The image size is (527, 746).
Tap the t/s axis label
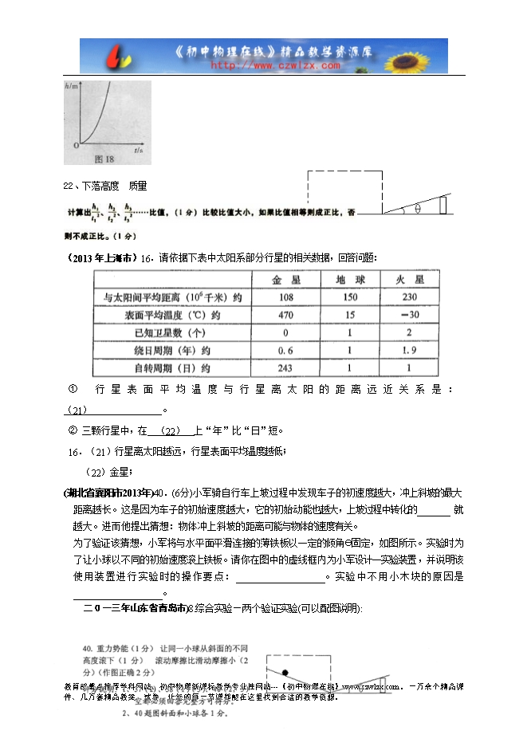point(138,149)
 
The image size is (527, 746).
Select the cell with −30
point(408,315)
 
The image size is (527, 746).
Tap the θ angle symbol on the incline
point(416,210)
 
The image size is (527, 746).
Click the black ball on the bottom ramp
point(284,670)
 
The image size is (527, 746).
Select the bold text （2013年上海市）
point(98,257)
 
